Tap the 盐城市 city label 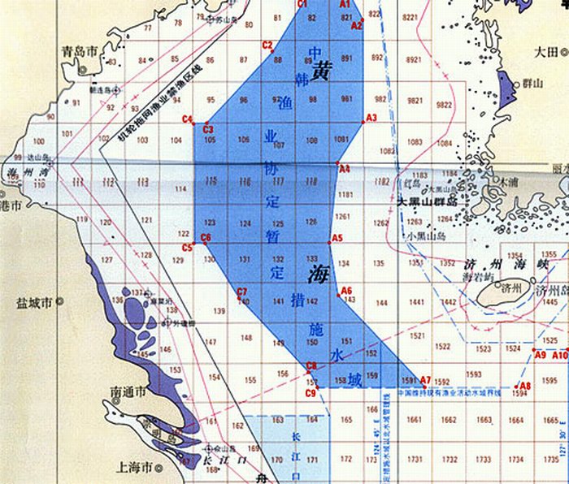pyautogui.click(x=33, y=301)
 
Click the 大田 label pyautogui.click(x=545, y=51)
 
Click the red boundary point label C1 pyautogui.click(x=302, y=5)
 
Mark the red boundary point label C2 pyautogui.click(x=267, y=44)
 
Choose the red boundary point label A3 pyautogui.click(x=372, y=118)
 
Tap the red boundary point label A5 pyautogui.click(x=338, y=238)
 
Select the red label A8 pyautogui.click(x=525, y=385)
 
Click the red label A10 pyautogui.click(x=559, y=356)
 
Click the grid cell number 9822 pyautogui.click(x=444, y=104)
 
